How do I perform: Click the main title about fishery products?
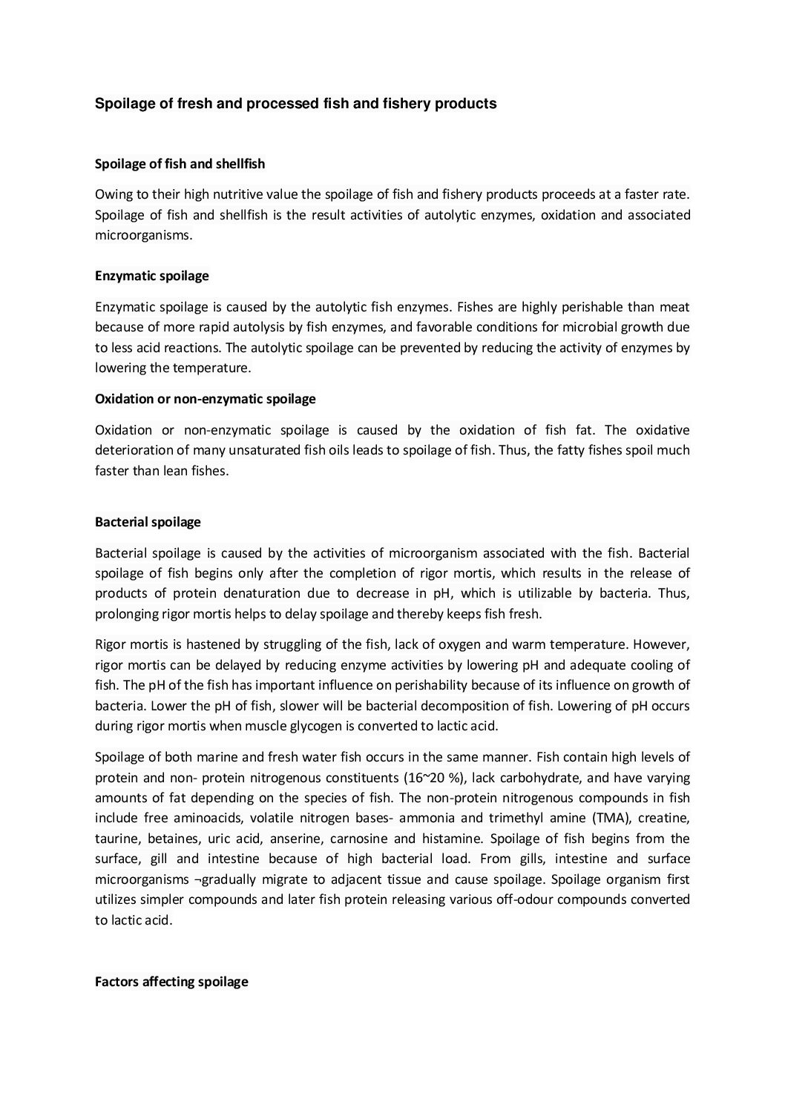(x=295, y=104)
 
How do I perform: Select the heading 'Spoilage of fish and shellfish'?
(x=180, y=164)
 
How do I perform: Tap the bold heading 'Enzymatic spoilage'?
(x=151, y=276)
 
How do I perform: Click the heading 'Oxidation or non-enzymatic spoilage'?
(x=205, y=399)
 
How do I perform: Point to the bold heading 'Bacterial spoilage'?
(x=148, y=522)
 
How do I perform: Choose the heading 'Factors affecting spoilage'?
(x=171, y=982)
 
